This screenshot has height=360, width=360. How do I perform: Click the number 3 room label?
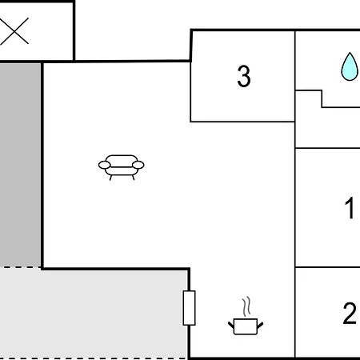(x=244, y=76)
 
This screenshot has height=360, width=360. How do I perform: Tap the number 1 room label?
(x=350, y=208)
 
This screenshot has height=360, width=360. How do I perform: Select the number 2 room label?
(x=350, y=313)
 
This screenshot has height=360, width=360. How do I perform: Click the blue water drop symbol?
(x=350, y=66)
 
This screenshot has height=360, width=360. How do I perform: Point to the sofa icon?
(x=122, y=167)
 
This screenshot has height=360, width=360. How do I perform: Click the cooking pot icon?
(x=246, y=326)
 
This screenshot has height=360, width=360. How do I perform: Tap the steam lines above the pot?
(x=246, y=306)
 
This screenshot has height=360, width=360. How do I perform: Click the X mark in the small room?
(x=14, y=31)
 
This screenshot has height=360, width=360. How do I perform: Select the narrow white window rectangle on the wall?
(x=189, y=308)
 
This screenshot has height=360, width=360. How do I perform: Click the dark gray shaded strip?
(x=20, y=165)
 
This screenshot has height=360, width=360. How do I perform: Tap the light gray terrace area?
(x=94, y=314)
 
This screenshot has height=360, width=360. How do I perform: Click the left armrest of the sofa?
(x=104, y=165)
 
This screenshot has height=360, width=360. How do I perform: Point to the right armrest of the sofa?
(x=138, y=165)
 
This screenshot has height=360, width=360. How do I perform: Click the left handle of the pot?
(x=231, y=325)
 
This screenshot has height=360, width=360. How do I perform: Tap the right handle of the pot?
(x=260, y=325)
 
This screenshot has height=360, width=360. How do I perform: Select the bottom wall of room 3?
(x=242, y=122)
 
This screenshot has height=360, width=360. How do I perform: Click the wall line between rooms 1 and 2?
(x=328, y=267)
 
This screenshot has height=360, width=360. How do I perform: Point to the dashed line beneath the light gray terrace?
(x=94, y=358)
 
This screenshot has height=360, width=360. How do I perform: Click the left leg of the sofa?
(x=110, y=178)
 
